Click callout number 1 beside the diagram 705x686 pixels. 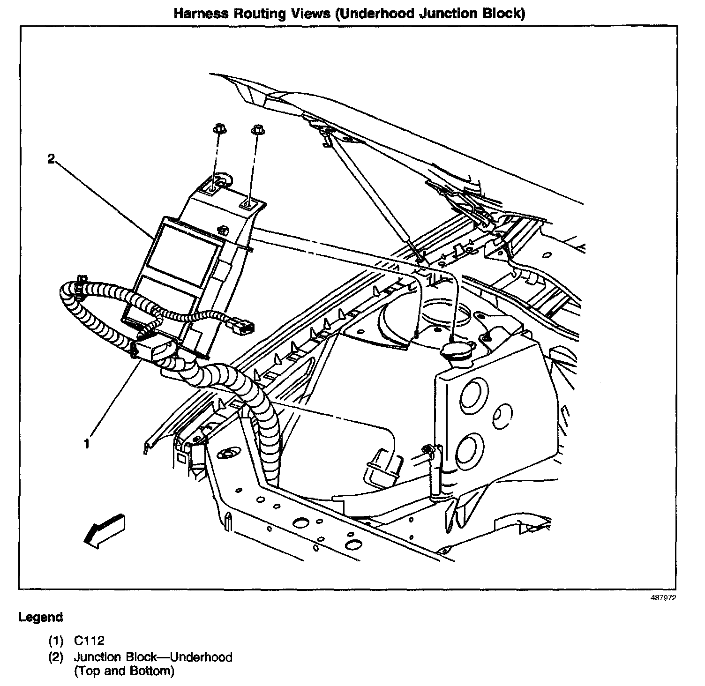coord(87,443)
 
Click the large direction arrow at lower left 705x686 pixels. coord(105,529)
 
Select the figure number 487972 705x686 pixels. coord(663,598)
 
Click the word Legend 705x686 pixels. coord(40,618)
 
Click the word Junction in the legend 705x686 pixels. coord(94,657)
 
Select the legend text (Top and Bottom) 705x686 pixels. coord(124,671)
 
